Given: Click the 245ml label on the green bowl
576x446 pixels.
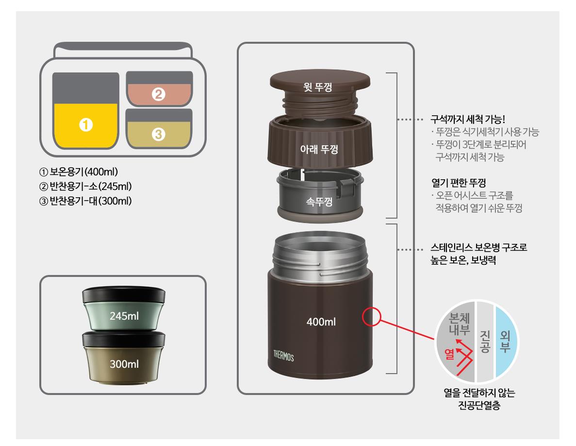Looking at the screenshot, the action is pyautogui.click(x=124, y=316).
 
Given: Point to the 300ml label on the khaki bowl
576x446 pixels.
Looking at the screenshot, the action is pyautogui.click(x=124, y=364).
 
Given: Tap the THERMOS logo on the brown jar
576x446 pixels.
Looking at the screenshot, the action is pyautogui.click(x=283, y=356).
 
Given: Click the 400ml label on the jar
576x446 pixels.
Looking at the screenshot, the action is pyautogui.click(x=321, y=322).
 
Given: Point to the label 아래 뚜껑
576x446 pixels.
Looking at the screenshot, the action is pyautogui.click(x=319, y=149).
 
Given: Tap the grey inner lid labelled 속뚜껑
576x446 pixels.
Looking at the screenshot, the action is pyautogui.click(x=320, y=195).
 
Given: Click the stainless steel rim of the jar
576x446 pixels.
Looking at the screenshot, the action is pyautogui.click(x=320, y=254).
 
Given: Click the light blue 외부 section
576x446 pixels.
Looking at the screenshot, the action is pyautogui.click(x=506, y=342).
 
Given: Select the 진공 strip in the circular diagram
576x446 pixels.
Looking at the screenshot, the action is pyautogui.click(x=485, y=342).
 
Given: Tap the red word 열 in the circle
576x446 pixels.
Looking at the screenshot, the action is pyautogui.click(x=449, y=354).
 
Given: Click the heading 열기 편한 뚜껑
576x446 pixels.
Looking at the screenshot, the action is pyautogui.click(x=459, y=183).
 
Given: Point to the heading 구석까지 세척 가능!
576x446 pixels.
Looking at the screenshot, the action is pyautogui.click(x=468, y=119).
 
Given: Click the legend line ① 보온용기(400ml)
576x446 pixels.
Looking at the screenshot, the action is pyautogui.click(x=79, y=172).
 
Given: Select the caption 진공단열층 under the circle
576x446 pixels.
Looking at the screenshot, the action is pyautogui.click(x=479, y=405).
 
